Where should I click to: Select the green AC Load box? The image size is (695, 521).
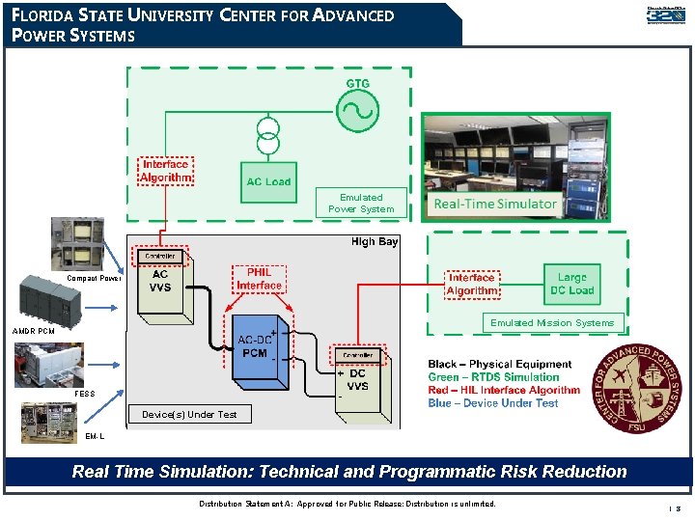(x=268, y=176)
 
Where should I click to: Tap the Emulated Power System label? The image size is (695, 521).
(x=361, y=203)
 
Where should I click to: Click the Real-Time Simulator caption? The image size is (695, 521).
(x=495, y=204)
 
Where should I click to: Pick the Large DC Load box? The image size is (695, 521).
(x=571, y=284)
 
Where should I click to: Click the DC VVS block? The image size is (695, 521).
(x=358, y=380)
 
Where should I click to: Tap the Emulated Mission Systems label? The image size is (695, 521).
(x=551, y=323)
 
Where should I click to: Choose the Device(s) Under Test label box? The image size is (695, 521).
(x=188, y=414)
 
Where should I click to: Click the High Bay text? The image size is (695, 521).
(x=375, y=242)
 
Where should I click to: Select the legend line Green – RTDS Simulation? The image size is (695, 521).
(x=493, y=377)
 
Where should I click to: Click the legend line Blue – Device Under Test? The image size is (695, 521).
(x=492, y=403)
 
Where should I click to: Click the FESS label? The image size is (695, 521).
(x=84, y=394)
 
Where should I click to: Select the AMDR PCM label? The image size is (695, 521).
(x=33, y=331)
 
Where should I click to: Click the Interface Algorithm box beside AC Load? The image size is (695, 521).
(x=165, y=171)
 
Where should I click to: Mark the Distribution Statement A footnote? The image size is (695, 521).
(x=347, y=504)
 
